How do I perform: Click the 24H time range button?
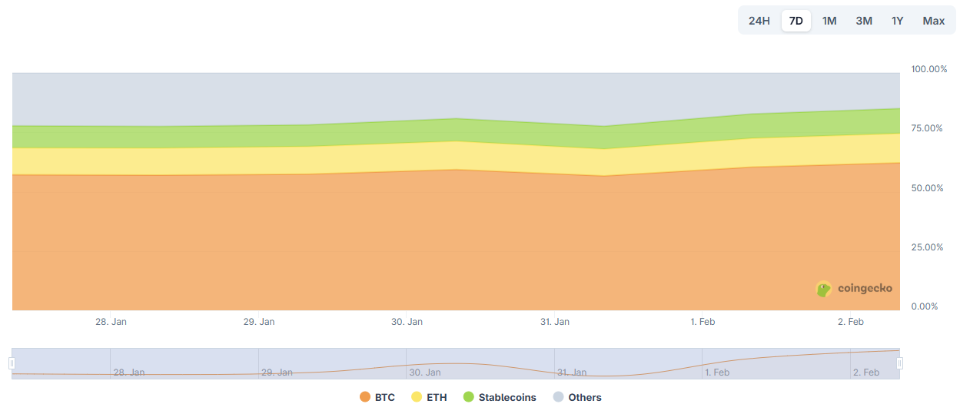tap(759, 21)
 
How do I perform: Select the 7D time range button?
tap(796, 21)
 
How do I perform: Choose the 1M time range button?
tap(829, 21)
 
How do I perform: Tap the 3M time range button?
tap(864, 21)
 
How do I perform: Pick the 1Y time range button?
tap(897, 21)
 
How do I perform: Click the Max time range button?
tap(933, 21)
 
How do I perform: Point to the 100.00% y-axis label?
tap(929, 69)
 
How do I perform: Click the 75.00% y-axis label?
tap(927, 128)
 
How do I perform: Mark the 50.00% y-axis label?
tap(927, 188)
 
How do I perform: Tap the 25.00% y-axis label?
tap(927, 247)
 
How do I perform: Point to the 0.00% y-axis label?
tap(925, 306)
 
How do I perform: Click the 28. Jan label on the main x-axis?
tap(111, 322)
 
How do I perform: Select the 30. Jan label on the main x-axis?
tap(407, 322)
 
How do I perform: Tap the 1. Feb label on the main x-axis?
tap(703, 322)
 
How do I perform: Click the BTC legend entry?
tap(377, 397)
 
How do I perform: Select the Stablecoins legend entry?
tap(500, 397)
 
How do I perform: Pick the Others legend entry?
tap(577, 397)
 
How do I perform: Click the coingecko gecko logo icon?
tap(824, 289)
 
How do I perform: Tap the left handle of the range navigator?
tap(12, 363)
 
